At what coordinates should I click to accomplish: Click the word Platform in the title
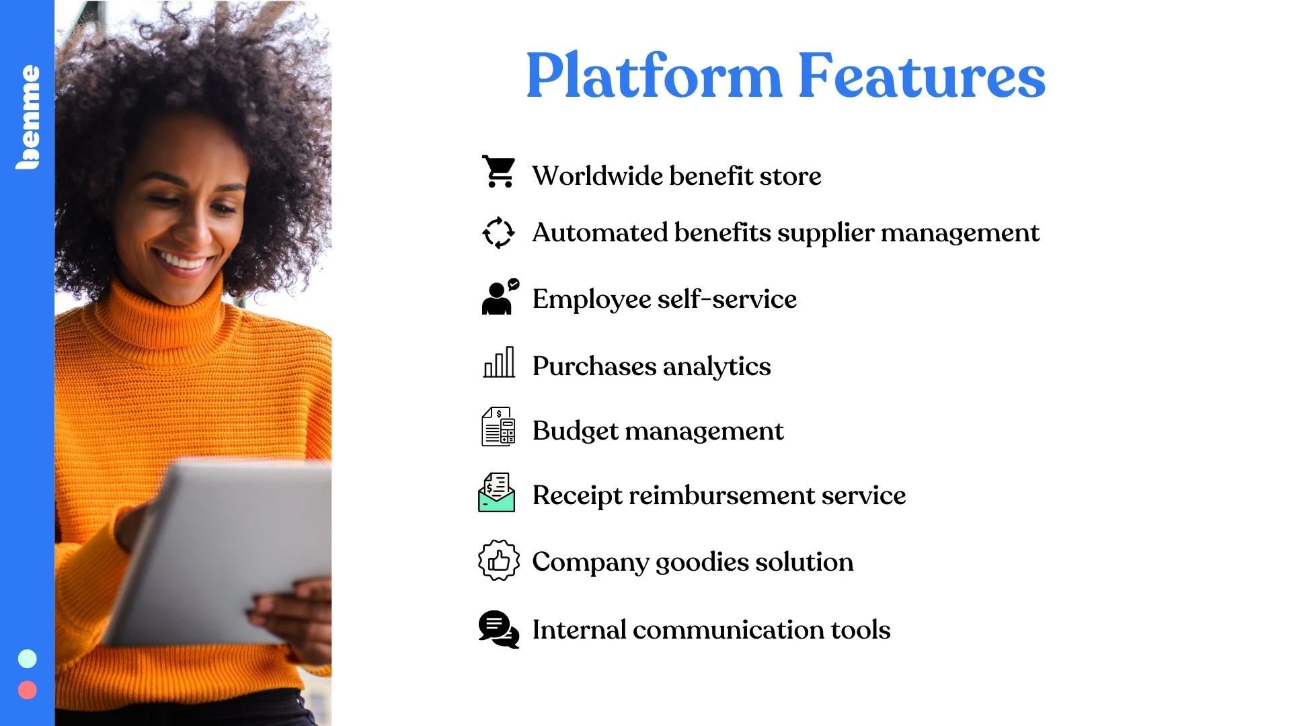(654, 75)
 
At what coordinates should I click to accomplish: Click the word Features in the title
(922, 75)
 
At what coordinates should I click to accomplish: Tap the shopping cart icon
(498, 171)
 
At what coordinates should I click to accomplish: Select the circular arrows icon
(498, 233)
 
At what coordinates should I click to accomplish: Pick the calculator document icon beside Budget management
(498, 426)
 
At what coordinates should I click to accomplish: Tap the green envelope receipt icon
(497, 492)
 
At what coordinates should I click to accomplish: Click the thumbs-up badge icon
(498, 560)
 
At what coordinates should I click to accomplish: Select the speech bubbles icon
(499, 629)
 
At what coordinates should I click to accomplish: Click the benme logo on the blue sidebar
(28, 117)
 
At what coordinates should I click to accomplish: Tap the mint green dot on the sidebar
(28, 659)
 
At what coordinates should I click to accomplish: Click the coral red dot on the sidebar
(28, 690)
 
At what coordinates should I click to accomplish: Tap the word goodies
(702, 563)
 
